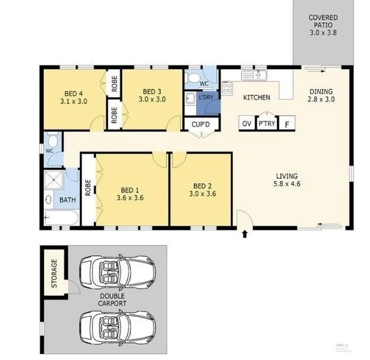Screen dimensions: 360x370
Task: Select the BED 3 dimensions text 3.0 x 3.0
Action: [x=152, y=100]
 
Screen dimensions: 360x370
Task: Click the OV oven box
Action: [x=246, y=124]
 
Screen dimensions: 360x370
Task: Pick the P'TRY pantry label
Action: [x=266, y=124]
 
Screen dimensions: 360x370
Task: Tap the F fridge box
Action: [x=287, y=124]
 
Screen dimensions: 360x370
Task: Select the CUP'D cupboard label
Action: [x=201, y=124]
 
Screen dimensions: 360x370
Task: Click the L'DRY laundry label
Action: [x=206, y=97]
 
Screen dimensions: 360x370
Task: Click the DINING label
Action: [x=321, y=92]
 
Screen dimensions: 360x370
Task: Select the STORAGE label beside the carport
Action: [x=55, y=274]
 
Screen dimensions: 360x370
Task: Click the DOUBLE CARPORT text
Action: [x=113, y=300]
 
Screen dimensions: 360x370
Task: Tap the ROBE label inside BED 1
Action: [x=88, y=190]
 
